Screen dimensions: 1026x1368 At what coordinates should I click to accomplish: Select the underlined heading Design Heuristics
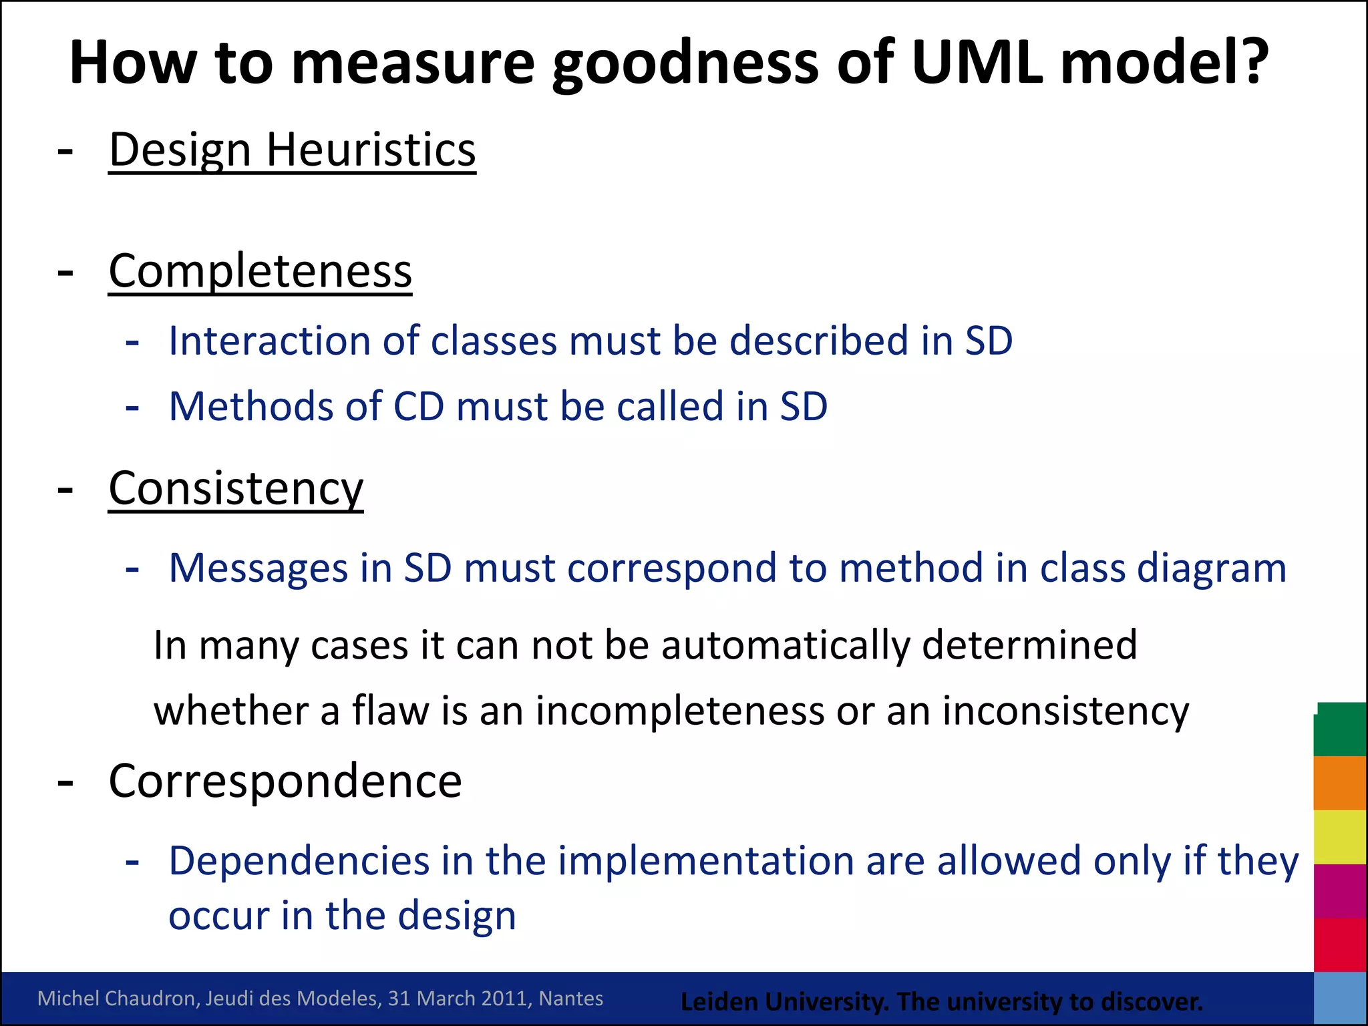pyautogui.click(x=292, y=150)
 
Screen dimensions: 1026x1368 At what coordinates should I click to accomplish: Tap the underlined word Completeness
pyautogui.click(x=261, y=271)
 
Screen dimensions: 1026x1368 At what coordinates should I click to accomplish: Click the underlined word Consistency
pyautogui.click(x=236, y=489)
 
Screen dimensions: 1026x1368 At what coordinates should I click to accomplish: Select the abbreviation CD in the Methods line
pyautogui.click(x=419, y=406)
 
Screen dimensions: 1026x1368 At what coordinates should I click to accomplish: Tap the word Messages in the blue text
pyautogui.click(x=259, y=568)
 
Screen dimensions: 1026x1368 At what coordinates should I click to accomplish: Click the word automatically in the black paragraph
pyautogui.click(x=786, y=645)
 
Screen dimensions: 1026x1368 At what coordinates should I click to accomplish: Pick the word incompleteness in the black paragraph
pyautogui.click(x=680, y=711)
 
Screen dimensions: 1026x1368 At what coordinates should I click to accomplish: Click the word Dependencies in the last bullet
pyautogui.click(x=299, y=860)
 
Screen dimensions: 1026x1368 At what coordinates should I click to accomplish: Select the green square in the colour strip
pyautogui.click(x=1339, y=729)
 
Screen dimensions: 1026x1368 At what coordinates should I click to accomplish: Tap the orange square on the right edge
pyautogui.click(x=1339, y=783)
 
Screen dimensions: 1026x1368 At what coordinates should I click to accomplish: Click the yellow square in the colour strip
pyautogui.click(x=1339, y=837)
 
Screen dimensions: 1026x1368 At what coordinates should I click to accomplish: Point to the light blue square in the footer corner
pyautogui.click(x=1339, y=999)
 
